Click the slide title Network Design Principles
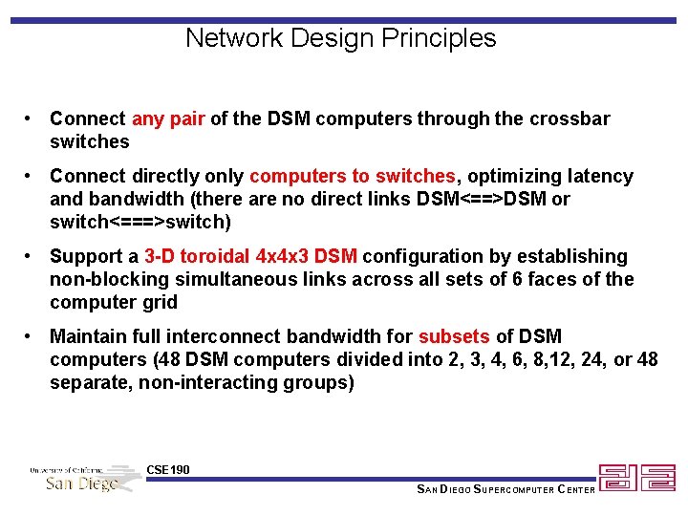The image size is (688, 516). pyautogui.click(x=341, y=38)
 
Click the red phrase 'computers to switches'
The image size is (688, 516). pyautogui.click(x=352, y=177)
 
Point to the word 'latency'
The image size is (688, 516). pyautogui.click(x=597, y=177)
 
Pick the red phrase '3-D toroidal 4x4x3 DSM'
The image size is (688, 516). pyautogui.click(x=250, y=257)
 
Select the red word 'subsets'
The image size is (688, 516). pyautogui.click(x=454, y=337)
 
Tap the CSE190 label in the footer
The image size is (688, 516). pyautogui.click(x=168, y=469)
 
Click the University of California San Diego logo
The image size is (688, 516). pyautogui.click(x=84, y=477)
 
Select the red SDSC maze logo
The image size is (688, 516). pyautogui.click(x=636, y=478)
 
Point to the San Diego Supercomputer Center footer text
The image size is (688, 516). pyautogui.click(x=505, y=490)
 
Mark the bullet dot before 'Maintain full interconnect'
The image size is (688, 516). pyautogui.click(x=32, y=337)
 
